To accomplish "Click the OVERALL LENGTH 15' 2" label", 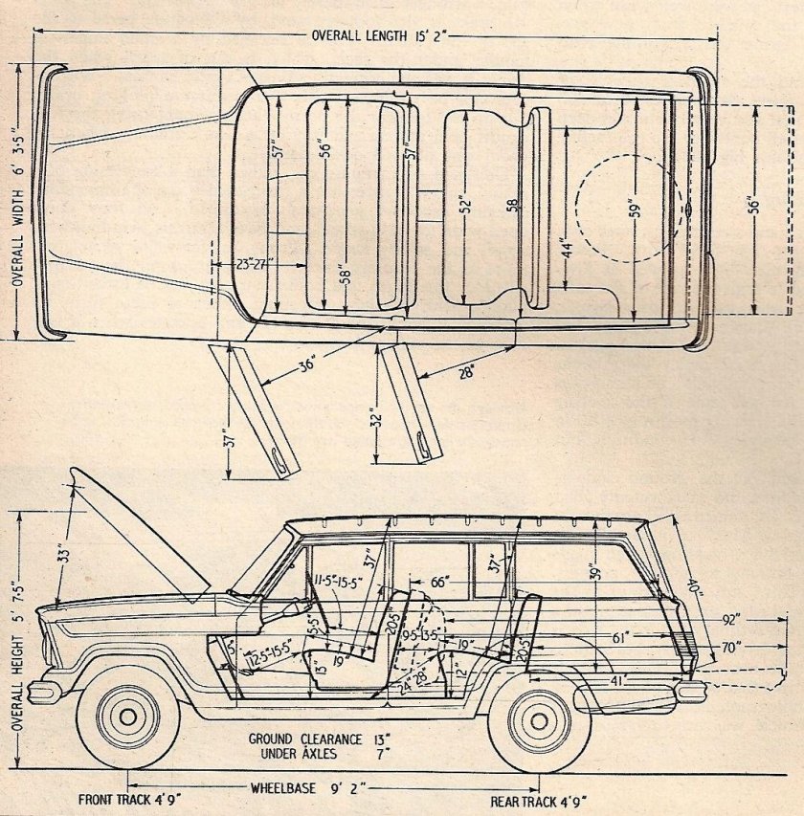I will pos(379,35).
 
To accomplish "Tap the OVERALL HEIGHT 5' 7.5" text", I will pos(17,651).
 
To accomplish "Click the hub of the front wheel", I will pos(126,716).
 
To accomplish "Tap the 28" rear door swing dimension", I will pos(467,374).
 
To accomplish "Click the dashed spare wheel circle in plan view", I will pos(622,209).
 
